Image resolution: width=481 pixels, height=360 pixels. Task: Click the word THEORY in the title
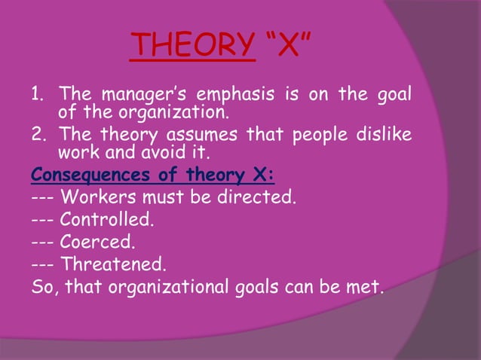(x=191, y=46)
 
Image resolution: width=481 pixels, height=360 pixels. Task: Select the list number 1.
(x=36, y=96)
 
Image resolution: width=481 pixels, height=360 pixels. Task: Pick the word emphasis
(x=236, y=96)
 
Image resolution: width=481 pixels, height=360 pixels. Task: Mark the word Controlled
(x=106, y=221)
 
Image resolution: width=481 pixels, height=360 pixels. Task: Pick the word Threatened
(x=112, y=265)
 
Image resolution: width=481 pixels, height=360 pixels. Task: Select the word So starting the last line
(x=43, y=287)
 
